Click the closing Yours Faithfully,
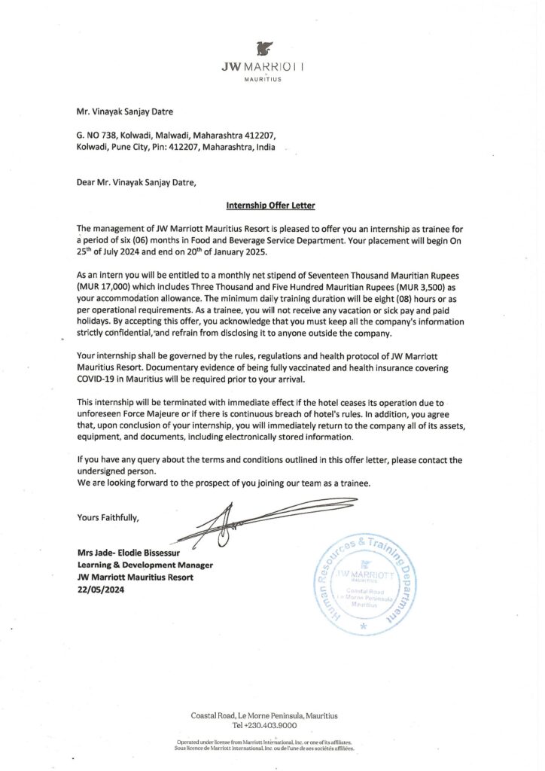(x=108, y=517)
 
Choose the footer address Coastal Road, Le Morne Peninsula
(x=264, y=715)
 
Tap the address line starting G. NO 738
(x=177, y=136)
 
